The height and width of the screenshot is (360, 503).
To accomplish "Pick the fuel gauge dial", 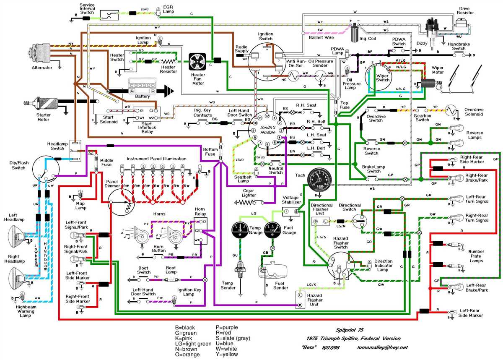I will pyautogui.click(x=273, y=230).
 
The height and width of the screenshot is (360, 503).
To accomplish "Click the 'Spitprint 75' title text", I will pyautogui.click(x=350, y=330).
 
